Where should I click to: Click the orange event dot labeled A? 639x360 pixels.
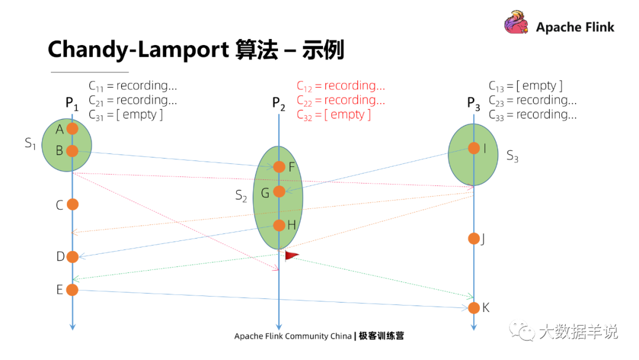tap(72, 128)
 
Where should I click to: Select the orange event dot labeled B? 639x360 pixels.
tap(72, 151)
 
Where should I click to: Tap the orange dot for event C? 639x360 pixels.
tap(72, 204)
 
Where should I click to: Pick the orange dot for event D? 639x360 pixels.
tap(72, 256)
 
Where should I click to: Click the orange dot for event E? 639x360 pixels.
tap(72, 290)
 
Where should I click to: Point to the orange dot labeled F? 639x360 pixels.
tap(279, 167)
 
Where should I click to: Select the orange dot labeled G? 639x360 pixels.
tap(279, 191)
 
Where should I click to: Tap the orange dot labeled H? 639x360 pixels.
tap(279, 225)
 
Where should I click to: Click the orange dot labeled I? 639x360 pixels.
tap(474, 148)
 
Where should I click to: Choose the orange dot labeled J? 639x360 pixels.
tap(474, 239)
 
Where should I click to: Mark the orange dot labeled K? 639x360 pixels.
tap(474, 308)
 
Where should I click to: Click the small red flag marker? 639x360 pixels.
tap(292, 255)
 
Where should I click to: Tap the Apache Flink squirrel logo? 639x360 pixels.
tap(516, 25)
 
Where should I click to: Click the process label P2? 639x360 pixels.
tap(279, 104)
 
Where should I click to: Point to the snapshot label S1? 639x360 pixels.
tap(30, 143)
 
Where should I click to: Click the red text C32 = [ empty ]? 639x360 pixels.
tap(334, 114)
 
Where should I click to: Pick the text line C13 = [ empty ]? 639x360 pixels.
tap(525, 86)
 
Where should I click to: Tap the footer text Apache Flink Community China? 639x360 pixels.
tap(293, 336)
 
